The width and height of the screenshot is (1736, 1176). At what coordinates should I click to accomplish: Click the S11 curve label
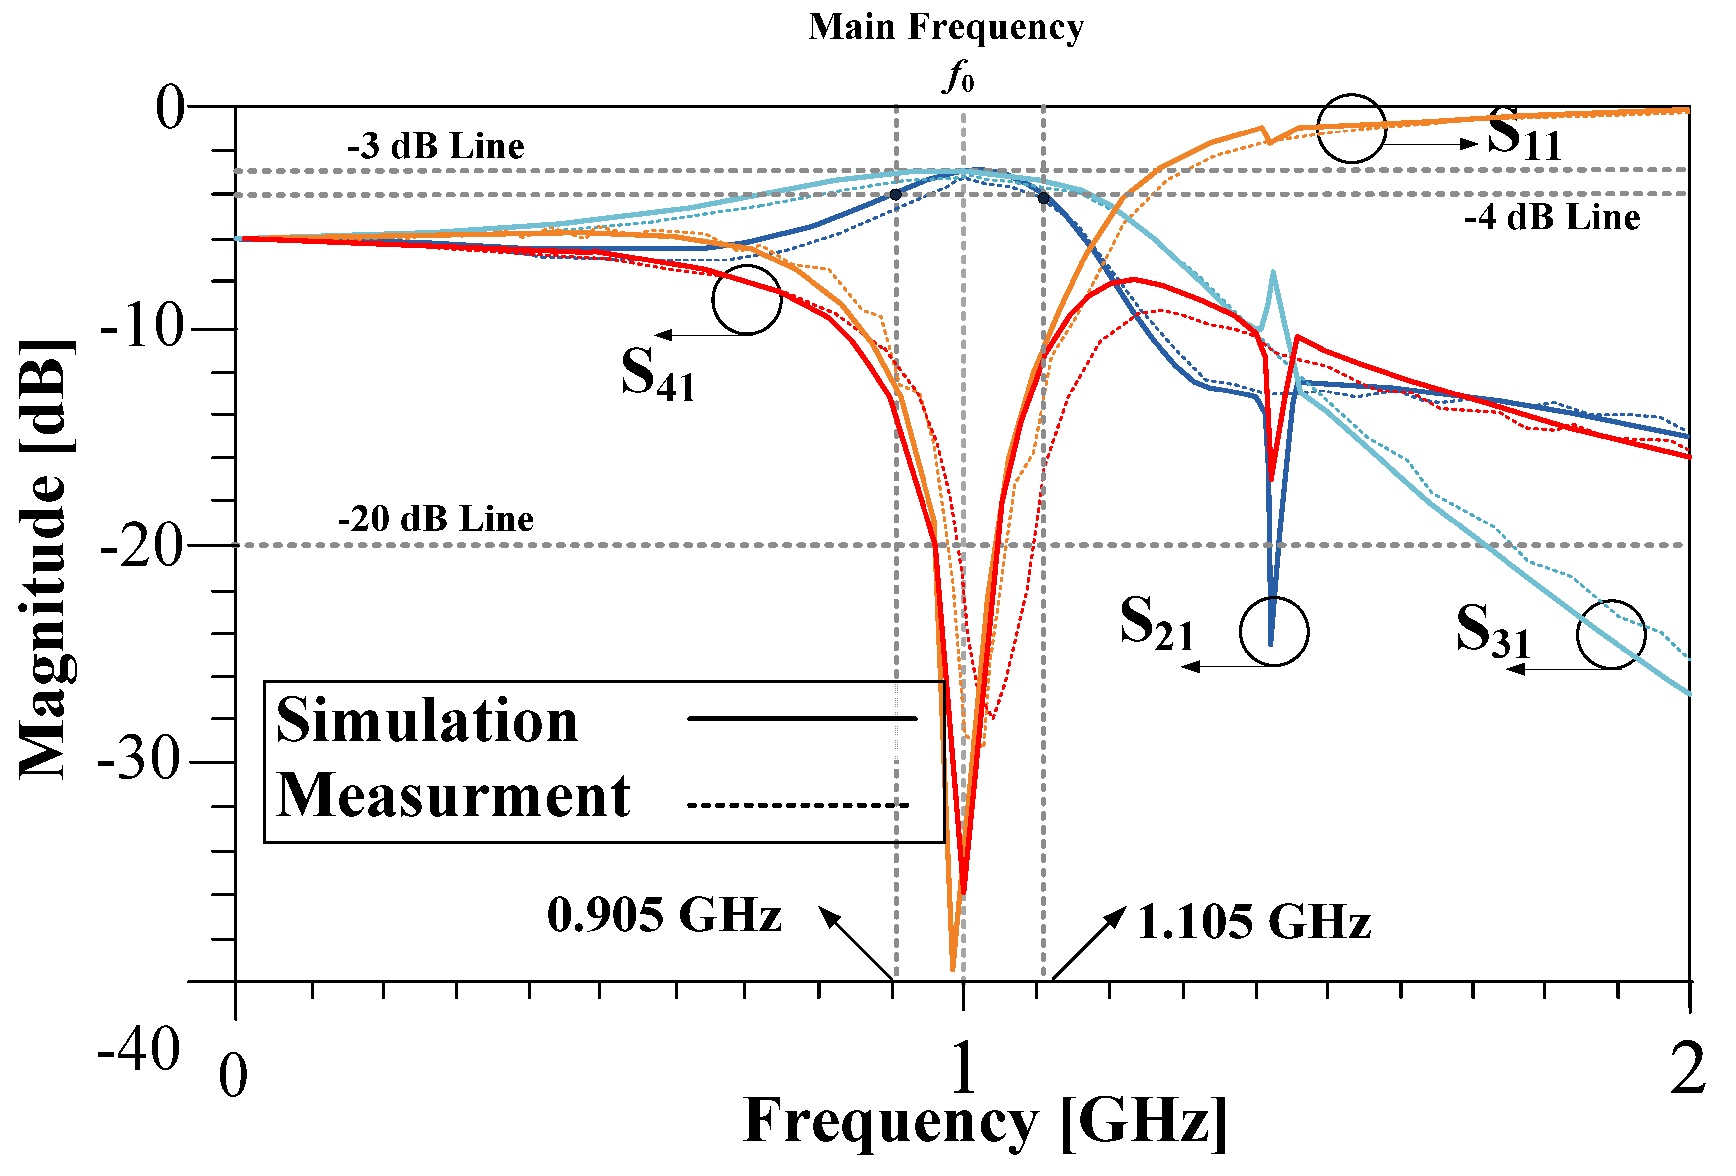pyautogui.click(x=1524, y=134)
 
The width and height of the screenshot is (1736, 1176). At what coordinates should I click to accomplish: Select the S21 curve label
pyautogui.click(x=1157, y=623)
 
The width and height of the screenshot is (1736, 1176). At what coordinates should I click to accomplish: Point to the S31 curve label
pyautogui.click(x=1493, y=632)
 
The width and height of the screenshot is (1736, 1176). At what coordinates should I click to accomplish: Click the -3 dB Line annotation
pyautogui.click(x=436, y=146)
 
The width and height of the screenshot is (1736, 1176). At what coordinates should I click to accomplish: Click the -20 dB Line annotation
pyautogui.click(x=436, y=519)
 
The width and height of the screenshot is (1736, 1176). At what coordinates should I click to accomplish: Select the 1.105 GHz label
pyautogui.click(x=1254, y=921)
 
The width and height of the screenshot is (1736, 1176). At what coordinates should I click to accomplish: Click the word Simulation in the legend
pyautogui.click(x=427, y=720)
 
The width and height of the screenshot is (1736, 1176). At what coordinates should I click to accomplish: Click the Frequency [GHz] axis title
pyautogui.click(x=985, y=1121)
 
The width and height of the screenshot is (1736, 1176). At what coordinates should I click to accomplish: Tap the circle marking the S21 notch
pyautogui.click(x=1273, y=632)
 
